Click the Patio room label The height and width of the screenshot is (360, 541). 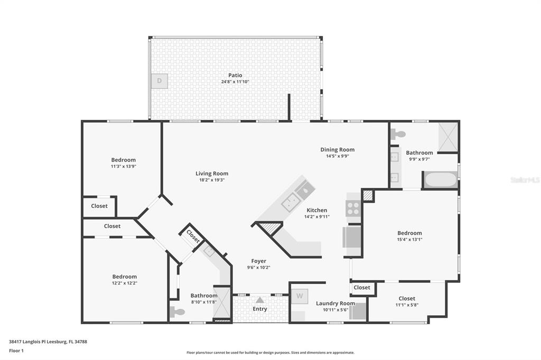pos(235,75)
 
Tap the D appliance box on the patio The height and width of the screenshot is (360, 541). pos(160,81)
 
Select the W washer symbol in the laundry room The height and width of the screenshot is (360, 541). pos(300,296)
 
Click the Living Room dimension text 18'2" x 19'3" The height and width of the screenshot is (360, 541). pos(211,179)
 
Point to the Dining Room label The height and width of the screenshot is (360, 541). pos(338,150)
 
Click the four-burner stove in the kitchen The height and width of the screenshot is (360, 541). pos(353,208)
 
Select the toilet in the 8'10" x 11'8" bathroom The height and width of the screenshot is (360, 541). pos(177,312)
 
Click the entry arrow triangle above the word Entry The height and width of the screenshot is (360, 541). pos(259,300)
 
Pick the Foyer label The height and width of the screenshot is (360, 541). pos(258,261)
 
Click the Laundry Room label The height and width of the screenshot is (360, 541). pos(335,304)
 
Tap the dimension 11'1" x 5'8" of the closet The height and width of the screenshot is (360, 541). pos(407,305)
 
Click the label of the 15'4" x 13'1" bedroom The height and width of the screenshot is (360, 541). pos(409,233)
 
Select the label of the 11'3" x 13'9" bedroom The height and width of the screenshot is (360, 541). pos(123,160)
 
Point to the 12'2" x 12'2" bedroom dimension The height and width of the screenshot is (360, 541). pos(124,283)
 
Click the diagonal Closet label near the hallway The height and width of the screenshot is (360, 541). pos(193,236)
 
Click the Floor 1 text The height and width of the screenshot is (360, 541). pos(16,351)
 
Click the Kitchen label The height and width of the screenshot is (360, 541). pos(317,210)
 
